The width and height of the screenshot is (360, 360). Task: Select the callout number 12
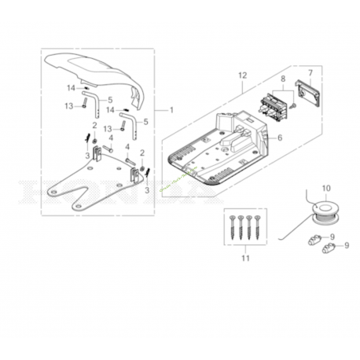(x=242, y=75)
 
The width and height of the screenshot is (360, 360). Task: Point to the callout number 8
(x=283, y=79)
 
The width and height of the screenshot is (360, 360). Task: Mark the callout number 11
(x=244, y=258)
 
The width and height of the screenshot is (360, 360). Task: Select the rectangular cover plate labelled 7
(x=306, y=92)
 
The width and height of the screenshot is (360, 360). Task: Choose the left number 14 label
(x=71, y=88)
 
